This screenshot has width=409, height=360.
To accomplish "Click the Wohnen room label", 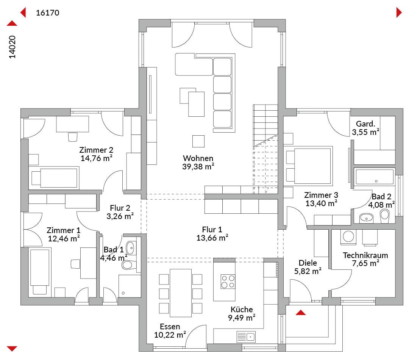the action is (198, 158).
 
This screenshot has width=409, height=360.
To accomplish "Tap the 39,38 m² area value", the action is (198, 167).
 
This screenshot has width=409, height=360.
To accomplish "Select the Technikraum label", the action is (365, 255).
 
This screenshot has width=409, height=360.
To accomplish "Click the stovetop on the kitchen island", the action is (228, 282).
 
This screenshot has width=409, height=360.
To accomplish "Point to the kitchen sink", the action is (246, 337).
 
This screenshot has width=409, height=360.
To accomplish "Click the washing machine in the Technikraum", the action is (348, 237).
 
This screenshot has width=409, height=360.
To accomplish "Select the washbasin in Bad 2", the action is (367, 218).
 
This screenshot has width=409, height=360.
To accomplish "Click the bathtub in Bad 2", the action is (375, 177).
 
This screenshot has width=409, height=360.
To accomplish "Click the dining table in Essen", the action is (181, 293).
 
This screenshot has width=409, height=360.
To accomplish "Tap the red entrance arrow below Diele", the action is (301, 313).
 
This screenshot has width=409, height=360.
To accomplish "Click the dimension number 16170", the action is (47, 13).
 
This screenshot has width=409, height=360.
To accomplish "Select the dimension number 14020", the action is (12, 47).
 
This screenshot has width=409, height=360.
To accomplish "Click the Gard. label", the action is (365, 124).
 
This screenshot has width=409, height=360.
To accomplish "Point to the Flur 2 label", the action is (120, 208).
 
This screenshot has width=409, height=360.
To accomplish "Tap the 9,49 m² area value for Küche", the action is (242, 318).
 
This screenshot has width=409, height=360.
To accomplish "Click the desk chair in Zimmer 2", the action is (73, 137).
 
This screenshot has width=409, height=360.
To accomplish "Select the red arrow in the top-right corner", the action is (399, 13).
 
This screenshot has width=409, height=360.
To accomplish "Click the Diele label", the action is (308, 263).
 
